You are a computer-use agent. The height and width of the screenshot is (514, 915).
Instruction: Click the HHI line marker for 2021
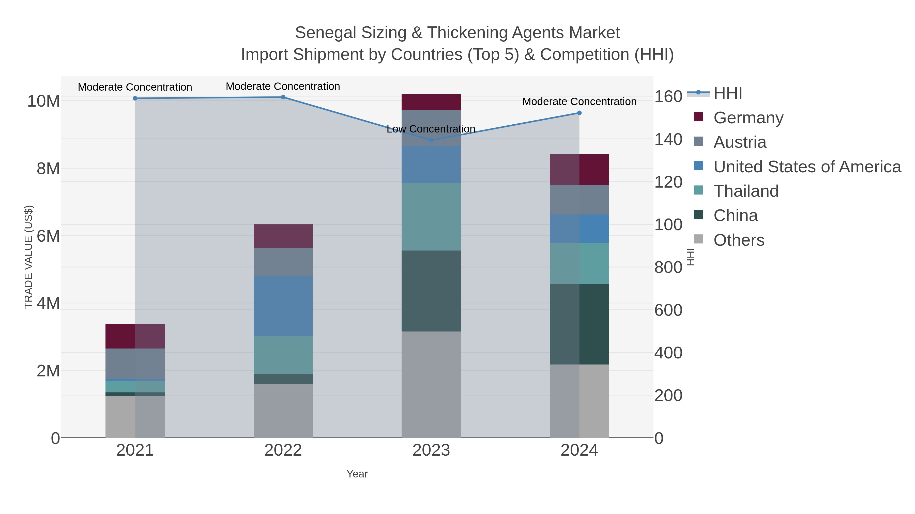coord(135,98)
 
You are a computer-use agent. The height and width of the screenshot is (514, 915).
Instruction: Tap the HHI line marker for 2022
coord(283,97)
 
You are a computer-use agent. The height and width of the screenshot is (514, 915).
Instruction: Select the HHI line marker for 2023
coord(431,140)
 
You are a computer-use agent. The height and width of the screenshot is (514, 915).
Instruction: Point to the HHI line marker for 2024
coord(579,113)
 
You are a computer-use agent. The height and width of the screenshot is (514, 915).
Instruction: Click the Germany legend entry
coord(748,118)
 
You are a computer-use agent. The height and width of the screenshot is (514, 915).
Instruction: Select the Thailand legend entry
coord(746,191)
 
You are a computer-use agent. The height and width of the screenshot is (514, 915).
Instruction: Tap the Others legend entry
coord(739,240)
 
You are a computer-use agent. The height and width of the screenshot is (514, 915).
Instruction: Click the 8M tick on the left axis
coord(48,169)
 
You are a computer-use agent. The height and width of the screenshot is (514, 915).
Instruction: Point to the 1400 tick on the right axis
coord(668,139)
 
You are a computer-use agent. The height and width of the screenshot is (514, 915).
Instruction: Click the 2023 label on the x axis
coord(431,450)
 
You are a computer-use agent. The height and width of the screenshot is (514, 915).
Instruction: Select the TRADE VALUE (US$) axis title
coord(28,257)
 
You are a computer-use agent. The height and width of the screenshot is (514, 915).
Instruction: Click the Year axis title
coord(357,474)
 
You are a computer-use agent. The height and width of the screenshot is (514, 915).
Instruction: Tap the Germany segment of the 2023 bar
coord(431,102)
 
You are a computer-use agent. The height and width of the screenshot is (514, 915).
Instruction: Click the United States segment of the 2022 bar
coord(283,306)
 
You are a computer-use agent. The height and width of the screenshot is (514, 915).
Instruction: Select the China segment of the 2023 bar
coord(431,291)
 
